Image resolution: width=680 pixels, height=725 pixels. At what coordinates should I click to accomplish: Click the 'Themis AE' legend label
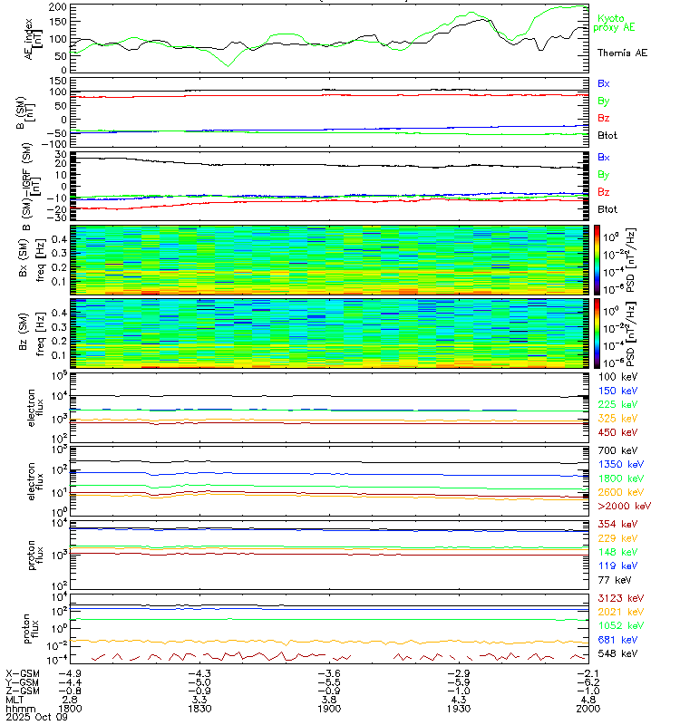pyautogui.click(x=621, y=53)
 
